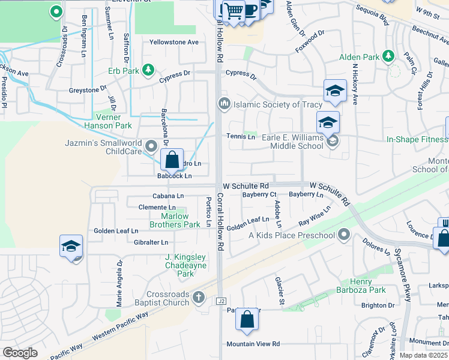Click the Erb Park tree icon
point(148,70)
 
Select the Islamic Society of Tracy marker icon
point(224,104)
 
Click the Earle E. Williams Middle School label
point(293,142)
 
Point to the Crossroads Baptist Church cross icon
point(199,296)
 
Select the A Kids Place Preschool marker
point(344,233)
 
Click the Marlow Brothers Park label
point(180,220)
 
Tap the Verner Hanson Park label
point(114,121)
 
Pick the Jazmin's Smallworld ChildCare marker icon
point(151,144)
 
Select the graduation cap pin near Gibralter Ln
point(71,246)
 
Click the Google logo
point(20,353)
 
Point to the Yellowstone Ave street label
point(173,42)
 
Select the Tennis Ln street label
point(240,136)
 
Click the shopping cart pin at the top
point(234,10)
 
